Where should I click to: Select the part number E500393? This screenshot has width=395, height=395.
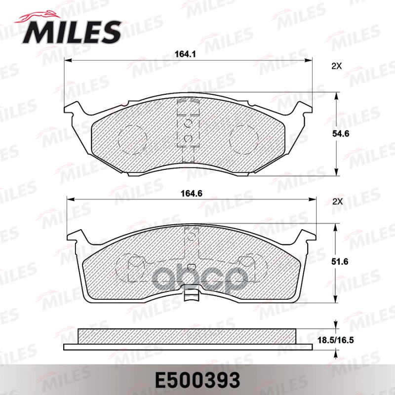(197, 379)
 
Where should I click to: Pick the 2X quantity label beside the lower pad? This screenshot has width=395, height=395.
(337, 201)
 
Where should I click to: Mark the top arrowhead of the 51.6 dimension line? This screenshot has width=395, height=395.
(337, 226)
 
